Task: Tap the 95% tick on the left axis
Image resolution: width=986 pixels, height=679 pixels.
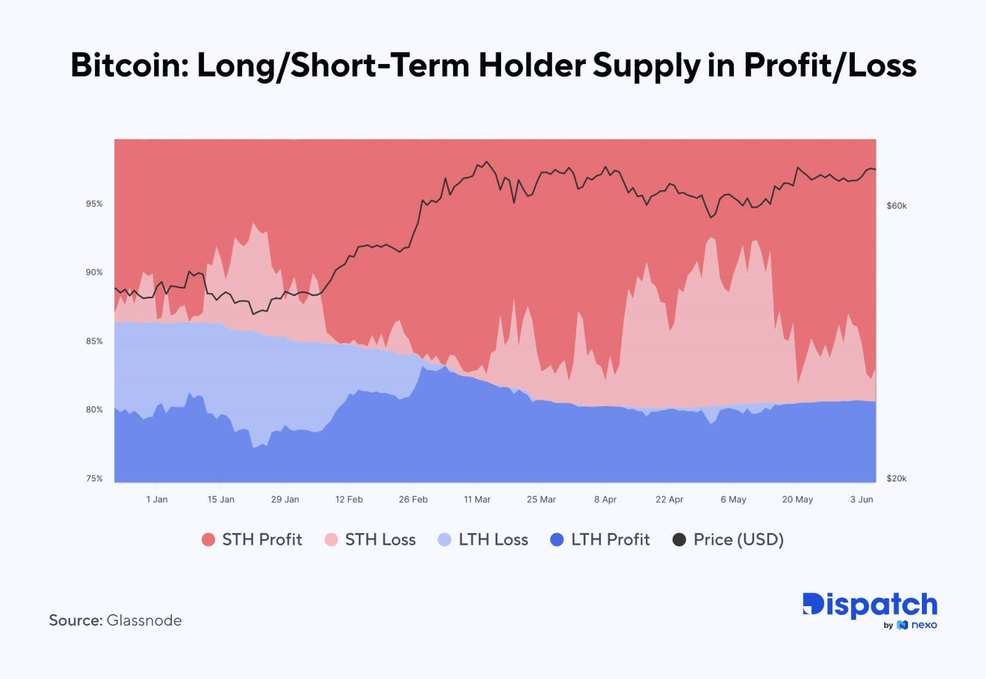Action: point(94,204)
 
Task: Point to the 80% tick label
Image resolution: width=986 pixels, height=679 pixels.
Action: point(94,410)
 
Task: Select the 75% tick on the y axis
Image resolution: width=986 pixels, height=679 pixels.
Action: point(94,479)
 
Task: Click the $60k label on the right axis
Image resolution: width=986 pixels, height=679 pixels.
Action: point(897,206)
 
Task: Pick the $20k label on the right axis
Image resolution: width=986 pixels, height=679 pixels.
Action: point(897,479)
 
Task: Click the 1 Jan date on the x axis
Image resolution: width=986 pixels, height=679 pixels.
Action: point(157,500)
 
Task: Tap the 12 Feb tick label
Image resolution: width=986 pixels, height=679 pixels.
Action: point(349,500)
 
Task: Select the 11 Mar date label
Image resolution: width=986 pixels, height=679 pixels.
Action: point(477,500)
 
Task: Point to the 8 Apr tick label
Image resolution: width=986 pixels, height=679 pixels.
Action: point(605,500)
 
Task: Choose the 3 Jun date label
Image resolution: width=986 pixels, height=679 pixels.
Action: point(862,500)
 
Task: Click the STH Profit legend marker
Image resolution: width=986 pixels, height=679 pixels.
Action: point(208,540)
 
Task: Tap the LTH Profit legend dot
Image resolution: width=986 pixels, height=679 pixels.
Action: point(557,540)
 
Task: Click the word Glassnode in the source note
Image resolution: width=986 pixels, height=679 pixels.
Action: point(144,620)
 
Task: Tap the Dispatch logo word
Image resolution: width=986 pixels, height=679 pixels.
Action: point(870,605)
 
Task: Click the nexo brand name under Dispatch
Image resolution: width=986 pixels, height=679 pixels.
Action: point(924,625)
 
